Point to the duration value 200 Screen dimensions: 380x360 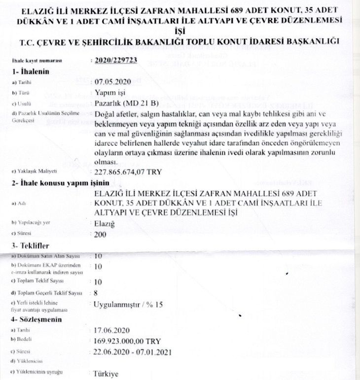click(100, 234)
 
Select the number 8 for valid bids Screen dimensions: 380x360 click(96, 293)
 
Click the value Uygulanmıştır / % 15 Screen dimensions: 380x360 click(128, 305)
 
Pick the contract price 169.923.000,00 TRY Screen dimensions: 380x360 click(127, 341)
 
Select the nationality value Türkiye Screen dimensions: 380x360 click(106, 374)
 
